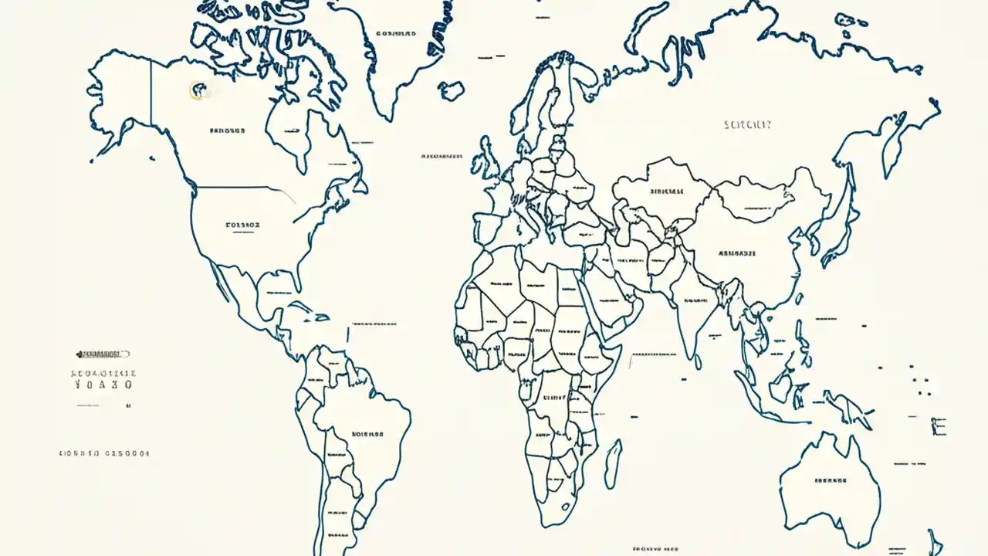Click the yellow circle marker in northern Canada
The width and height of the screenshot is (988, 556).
(198, 90)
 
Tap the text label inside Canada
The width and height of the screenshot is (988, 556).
(227, 131)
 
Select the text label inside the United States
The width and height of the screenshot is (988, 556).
(242, 225)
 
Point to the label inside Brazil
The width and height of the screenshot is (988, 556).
(367, 434)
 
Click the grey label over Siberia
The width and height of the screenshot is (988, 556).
(748, 124)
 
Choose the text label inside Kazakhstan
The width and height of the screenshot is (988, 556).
(667, 191)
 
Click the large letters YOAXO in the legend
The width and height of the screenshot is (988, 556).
(104, 384)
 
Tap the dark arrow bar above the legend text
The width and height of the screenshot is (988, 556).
(103, 354)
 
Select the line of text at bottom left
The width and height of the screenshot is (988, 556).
(104, 454)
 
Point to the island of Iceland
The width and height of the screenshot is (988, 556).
(452, 90)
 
